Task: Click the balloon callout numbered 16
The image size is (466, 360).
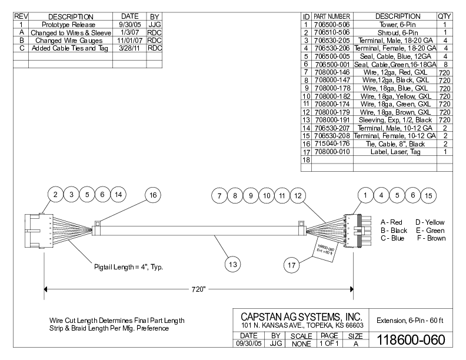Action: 152,195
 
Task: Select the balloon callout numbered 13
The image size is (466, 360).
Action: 233,265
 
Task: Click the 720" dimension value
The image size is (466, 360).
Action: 198,289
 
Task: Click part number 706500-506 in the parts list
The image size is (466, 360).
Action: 332,25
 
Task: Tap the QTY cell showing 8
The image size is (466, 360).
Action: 444,64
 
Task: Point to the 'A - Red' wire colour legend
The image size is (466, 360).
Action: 391,222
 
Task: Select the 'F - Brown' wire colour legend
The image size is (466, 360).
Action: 431,238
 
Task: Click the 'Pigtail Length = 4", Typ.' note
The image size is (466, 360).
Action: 129,267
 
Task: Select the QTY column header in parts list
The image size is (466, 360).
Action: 444,16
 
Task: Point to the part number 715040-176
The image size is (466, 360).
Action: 332,143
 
